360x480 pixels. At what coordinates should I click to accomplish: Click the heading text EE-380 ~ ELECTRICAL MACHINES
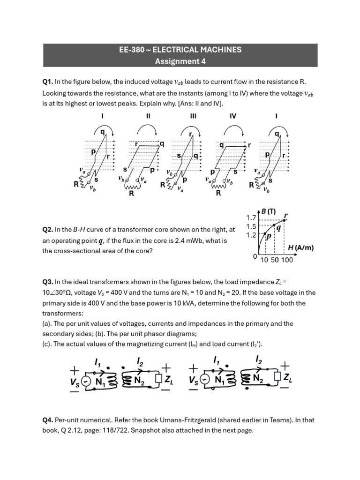pyautogui.click(x=180, y=50)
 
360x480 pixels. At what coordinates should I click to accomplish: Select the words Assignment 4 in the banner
pyautogui.click(x=180, y=61)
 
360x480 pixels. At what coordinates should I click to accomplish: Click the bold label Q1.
pyautogui.click(x=47, y=82)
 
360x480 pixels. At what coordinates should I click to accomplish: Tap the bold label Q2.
pyautogui.click(x=47, y=230)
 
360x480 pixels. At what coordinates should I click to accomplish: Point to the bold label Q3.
pyautogui.click(x=47, y=282)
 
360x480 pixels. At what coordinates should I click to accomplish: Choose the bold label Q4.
pyautogui.click(x=48, y=420)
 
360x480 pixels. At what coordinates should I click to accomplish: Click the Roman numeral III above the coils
pyautogui.click(x=193, y=116)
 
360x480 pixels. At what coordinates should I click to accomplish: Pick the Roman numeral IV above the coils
pyautogui.click(x=233, y=116)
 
